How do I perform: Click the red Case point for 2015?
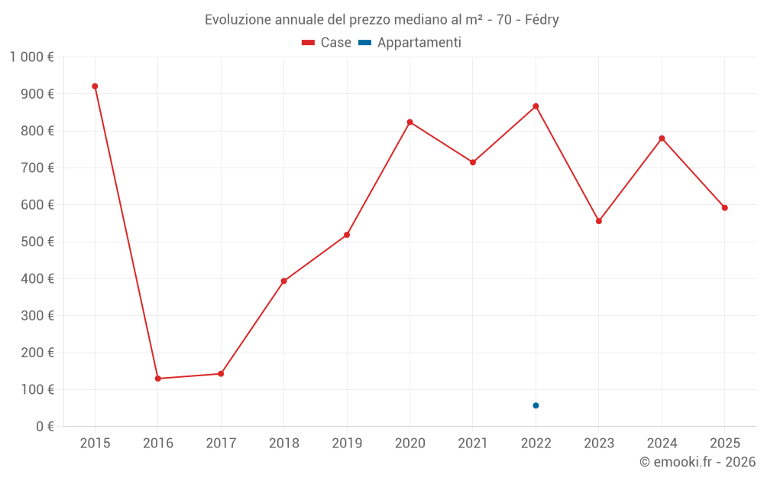point(95,86)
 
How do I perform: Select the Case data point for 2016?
point(158,379)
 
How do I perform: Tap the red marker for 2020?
point(410,122)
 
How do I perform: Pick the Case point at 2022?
point(536,106)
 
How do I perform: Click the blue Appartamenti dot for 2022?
point(536,405)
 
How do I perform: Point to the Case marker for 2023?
point(599,221)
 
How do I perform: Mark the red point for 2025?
point(724,208)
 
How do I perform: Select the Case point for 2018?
point(283,281)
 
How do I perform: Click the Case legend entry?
point(327,43)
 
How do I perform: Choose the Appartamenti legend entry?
point(410,43)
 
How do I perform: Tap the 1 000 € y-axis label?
point(32,57)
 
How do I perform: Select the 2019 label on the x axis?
point(347,444)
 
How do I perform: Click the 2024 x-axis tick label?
point(662,444)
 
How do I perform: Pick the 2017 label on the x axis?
point(221,444)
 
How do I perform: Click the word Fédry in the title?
point(542,20)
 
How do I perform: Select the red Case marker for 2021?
point(473,162)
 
